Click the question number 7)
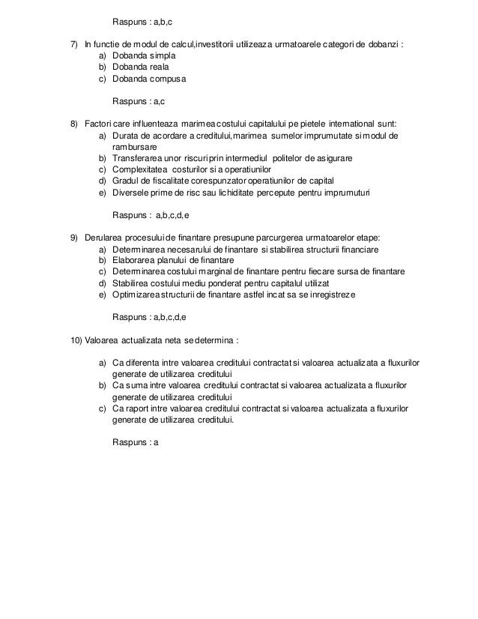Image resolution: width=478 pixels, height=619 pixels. [75, 43]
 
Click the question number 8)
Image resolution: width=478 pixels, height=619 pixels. [75, 122]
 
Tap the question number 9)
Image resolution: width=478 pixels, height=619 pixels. [75, 238]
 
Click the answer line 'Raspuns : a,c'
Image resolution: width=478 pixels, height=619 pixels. [139, 100]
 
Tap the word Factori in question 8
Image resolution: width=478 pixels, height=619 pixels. [98, 122]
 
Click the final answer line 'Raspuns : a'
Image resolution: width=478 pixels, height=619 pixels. [136, 442]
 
